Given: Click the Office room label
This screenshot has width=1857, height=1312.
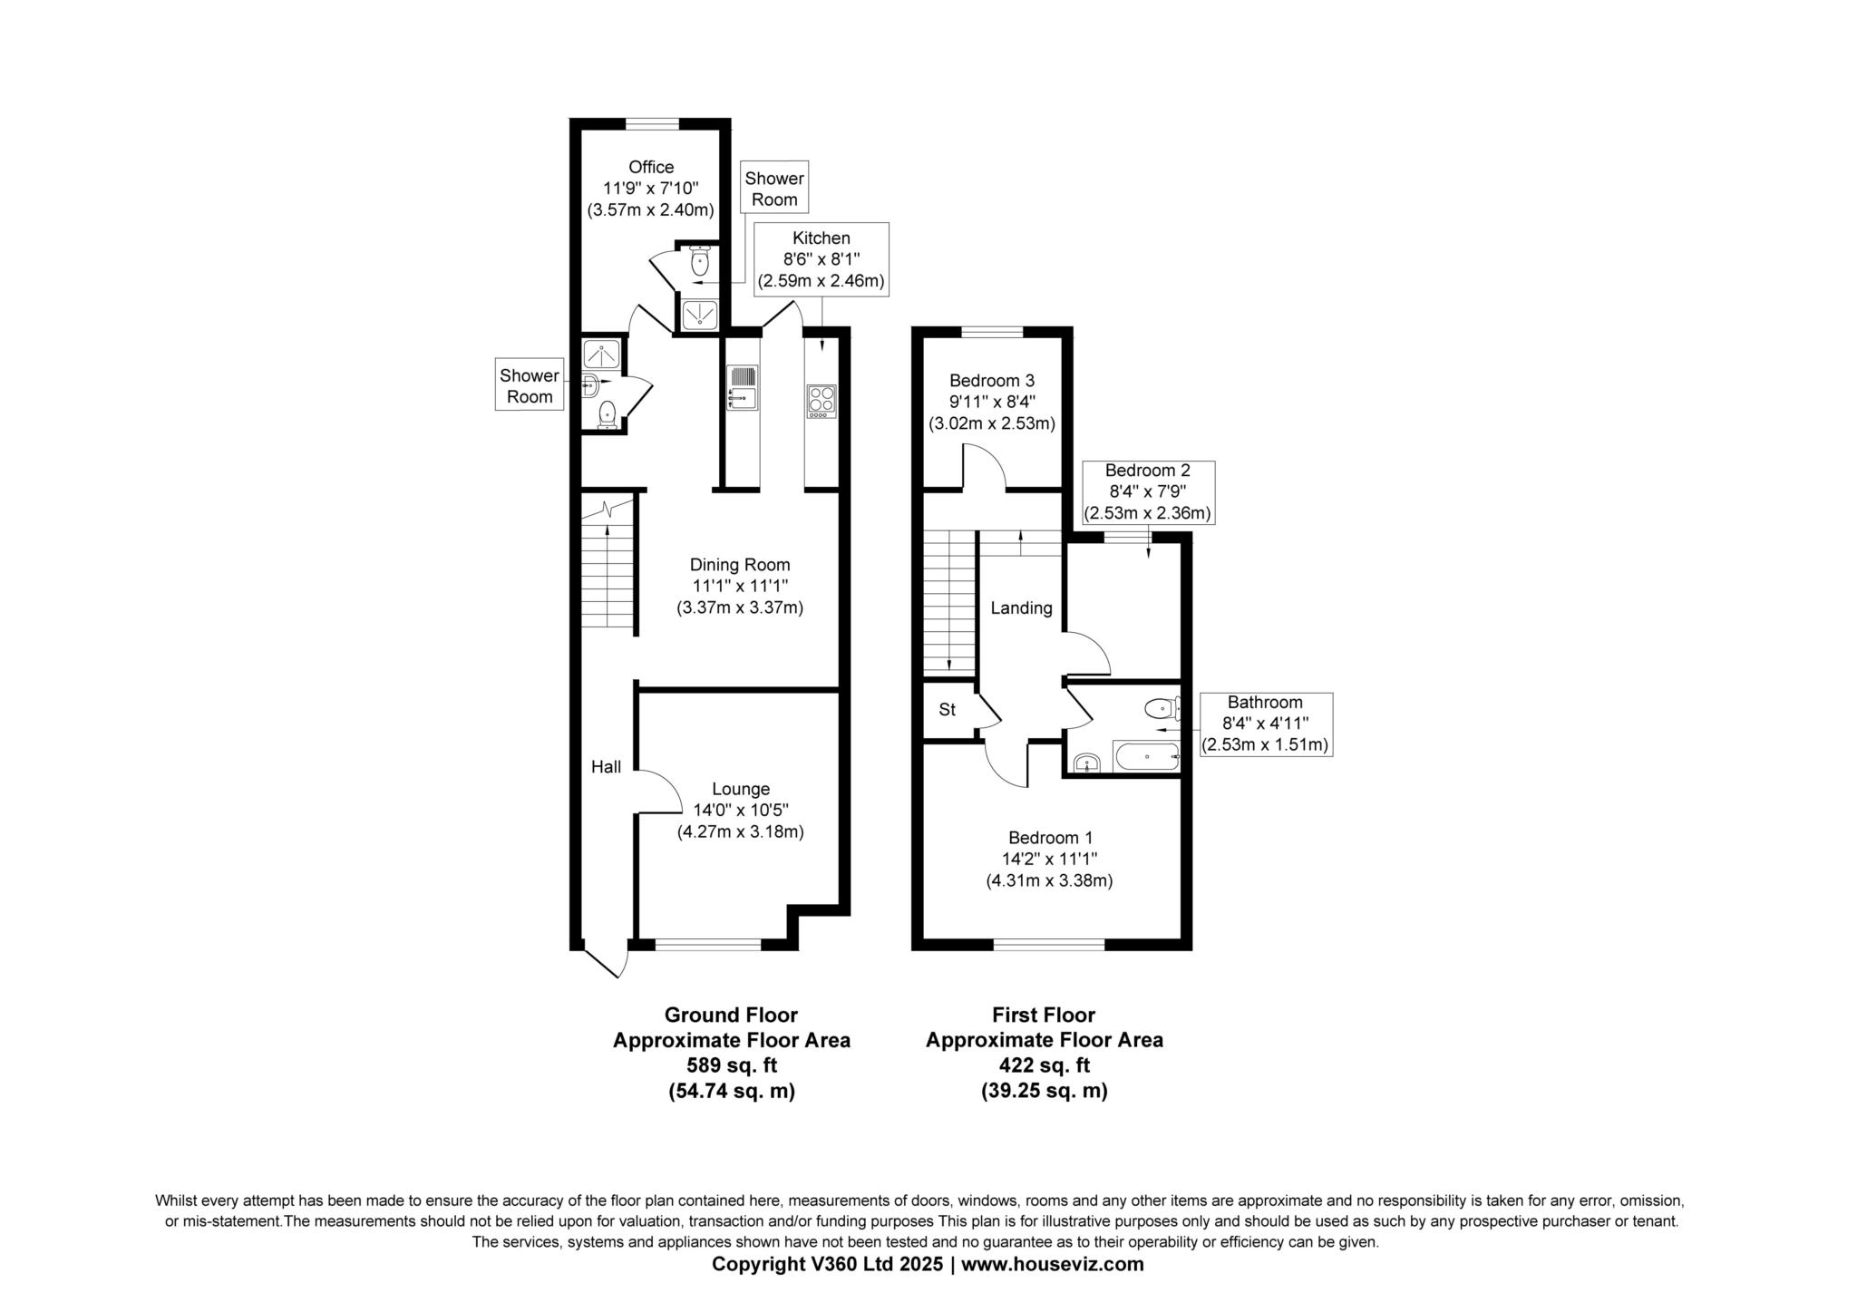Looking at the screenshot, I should coord(651,168).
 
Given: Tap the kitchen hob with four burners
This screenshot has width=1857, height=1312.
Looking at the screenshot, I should coord(822,401).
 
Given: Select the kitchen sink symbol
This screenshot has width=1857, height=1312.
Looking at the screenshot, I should coord(743,386).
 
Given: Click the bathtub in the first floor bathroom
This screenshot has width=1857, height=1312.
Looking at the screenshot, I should coord(1146,756).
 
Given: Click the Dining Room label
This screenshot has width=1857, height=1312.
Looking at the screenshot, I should coord(740,565).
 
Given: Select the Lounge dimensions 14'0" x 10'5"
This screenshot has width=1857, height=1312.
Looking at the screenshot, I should coord(740,811).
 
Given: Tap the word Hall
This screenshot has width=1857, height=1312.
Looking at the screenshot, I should coord(606,767).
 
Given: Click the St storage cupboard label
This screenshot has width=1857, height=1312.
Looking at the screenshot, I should coord(947,710).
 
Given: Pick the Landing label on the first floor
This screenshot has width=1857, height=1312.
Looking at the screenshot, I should coord(1021,608).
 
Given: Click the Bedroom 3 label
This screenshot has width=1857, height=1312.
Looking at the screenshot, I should coord(991,381).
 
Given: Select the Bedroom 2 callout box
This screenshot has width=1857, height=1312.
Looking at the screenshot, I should coord(1148,492).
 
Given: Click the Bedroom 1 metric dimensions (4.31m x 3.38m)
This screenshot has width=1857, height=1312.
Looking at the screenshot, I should coord(1049,880).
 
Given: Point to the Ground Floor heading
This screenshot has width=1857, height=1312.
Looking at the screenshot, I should coord(731,1015).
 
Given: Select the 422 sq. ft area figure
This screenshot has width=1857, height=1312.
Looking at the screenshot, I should coord(1044,1065).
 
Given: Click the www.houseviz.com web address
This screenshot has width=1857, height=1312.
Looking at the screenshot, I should coord(1052,1264).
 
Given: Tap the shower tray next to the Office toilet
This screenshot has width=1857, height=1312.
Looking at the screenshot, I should coord(700,315).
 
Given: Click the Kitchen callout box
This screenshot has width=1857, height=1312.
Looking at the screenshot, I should coord(822,259).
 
